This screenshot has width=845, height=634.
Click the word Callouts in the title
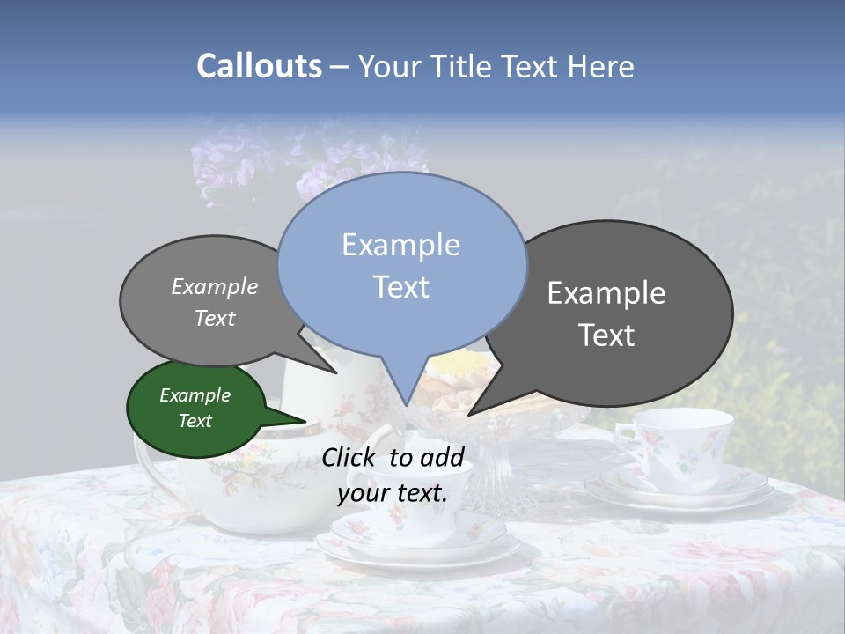coord(259,66)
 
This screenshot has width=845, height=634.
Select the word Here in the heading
coord(600,67)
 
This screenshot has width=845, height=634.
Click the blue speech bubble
coord(401,264)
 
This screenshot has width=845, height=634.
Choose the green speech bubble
coord(195,409)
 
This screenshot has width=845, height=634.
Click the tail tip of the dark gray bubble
coord(470,414)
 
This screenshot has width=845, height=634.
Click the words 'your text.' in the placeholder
coord(393,493)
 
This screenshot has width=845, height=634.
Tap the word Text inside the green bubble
coord(195,421)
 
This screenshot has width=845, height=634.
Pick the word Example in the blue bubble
coord(400,245)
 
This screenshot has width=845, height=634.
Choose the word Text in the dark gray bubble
coord(606,335)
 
